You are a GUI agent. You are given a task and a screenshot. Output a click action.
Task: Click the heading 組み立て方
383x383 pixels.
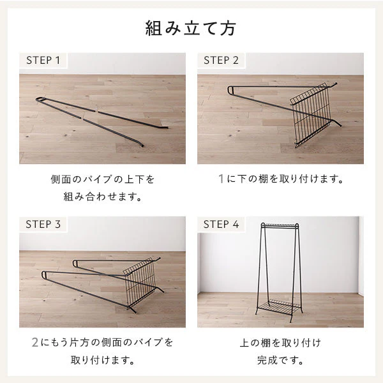point(191,28)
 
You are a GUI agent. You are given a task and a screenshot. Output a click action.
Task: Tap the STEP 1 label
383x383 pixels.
point(43,61)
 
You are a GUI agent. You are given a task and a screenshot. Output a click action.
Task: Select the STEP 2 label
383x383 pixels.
point(221,61)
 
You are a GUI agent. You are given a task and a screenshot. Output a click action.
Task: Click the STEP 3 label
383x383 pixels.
point(43,224)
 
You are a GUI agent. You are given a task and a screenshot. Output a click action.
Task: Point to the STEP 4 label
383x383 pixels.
point(221,224)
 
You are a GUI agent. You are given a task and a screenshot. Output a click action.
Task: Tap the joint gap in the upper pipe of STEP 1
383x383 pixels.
point(96,111)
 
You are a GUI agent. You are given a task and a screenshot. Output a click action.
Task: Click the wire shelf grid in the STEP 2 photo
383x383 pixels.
point(312,115)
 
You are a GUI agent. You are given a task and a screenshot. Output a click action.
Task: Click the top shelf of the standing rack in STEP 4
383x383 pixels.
point(280,225)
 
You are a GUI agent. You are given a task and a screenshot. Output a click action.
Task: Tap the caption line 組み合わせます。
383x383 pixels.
point(103,197)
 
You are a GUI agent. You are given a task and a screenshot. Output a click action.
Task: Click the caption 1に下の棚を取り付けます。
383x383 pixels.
point(281,179)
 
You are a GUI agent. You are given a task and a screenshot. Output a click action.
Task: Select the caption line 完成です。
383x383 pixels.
point(280,360)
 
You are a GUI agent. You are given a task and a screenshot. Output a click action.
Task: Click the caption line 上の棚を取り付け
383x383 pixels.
point(280,343)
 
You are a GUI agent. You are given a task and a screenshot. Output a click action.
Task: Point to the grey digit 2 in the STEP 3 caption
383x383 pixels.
point(35,342)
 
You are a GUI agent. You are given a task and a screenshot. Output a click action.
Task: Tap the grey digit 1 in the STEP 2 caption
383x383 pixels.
point(221,179)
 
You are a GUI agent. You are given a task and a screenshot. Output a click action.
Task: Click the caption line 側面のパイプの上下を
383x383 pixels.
point(103,179)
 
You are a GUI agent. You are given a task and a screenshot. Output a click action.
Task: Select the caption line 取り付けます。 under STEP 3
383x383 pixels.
point(103,360)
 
